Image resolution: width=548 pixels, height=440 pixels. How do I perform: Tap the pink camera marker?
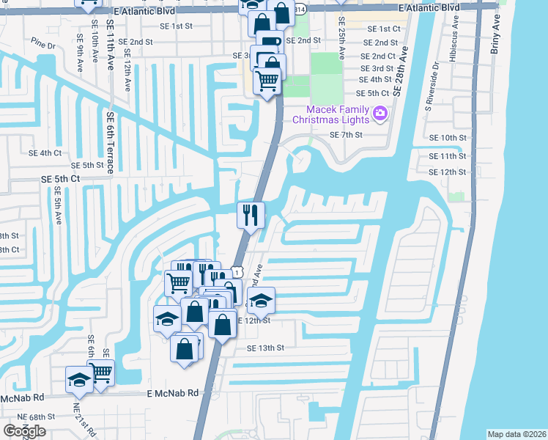[380, 114]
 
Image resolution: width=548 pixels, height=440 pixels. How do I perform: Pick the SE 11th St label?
[447, 156]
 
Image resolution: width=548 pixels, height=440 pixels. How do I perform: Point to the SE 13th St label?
[265, 348]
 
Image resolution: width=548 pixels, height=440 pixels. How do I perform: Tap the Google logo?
[25, 431]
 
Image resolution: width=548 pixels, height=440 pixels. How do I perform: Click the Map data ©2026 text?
[516, 434]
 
